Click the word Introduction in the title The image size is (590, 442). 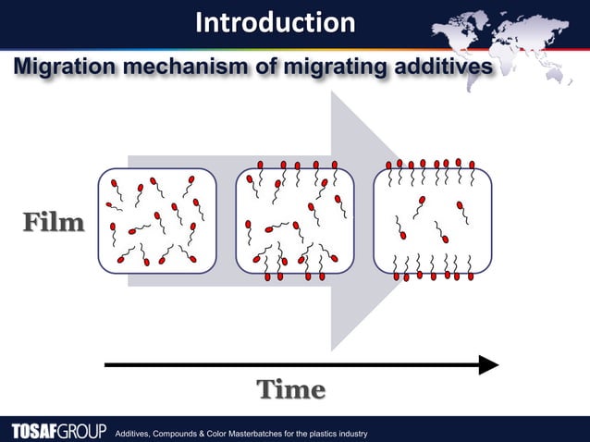point(274,22)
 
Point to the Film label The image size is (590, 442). point(54,223)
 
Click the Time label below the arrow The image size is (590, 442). point(290,390)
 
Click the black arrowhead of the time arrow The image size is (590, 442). point(488,365)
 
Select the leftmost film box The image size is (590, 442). point(157,221)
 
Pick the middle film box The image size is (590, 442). point(295,221)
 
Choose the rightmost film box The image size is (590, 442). point(432,221)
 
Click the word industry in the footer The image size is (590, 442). point(351,434)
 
